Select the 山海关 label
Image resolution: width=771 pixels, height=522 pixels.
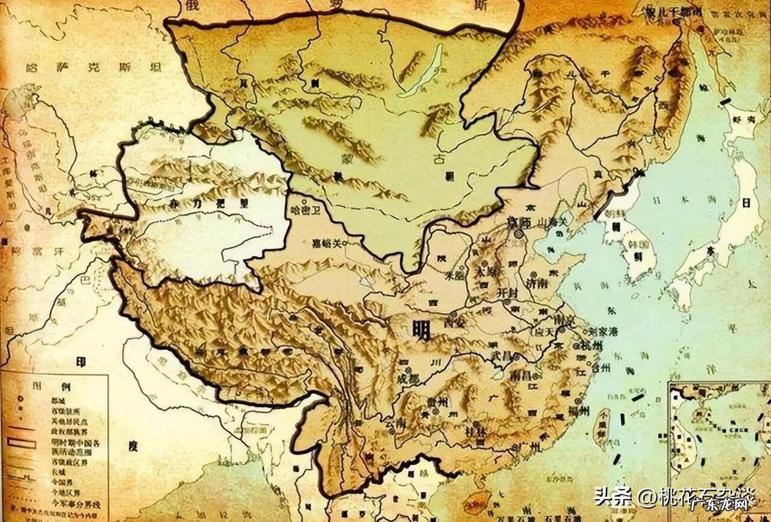[x=554, y=222]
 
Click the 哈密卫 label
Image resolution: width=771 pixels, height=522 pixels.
[x=303, y=210]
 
